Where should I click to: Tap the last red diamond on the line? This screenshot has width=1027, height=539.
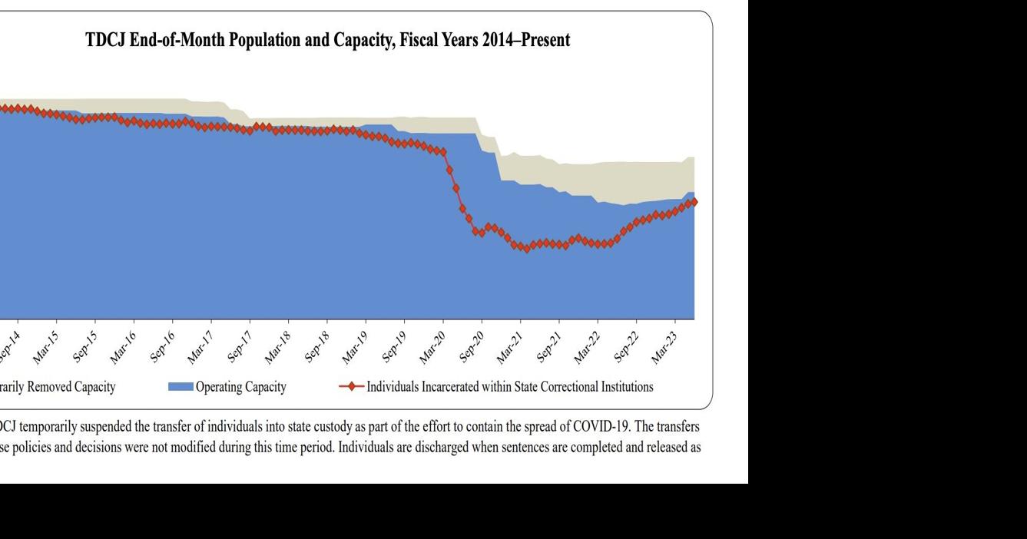[x=694, y=202]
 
